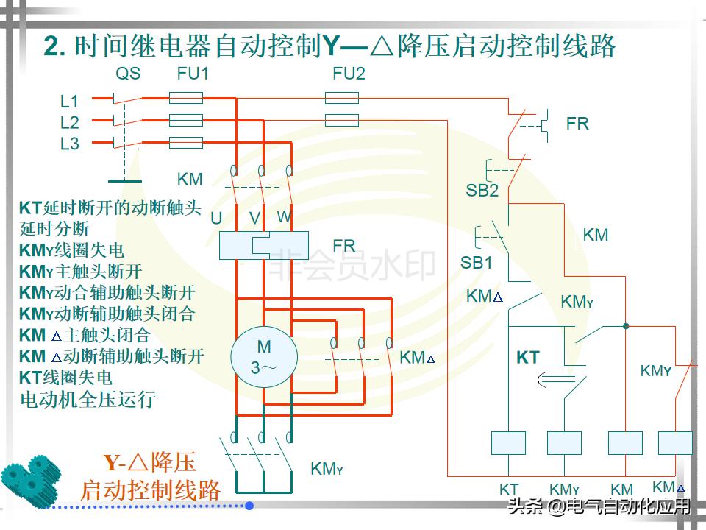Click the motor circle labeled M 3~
point(263,356)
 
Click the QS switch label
point(128,74)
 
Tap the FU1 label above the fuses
point(193,74)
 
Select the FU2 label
point(349,74)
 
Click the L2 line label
point(69,122)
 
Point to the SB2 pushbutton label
point(482,191)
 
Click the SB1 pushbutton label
point(477,263)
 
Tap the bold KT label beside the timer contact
point(528,358)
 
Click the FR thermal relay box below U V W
point(263,245)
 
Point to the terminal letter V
point(255,219)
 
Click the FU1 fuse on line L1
point(186,97)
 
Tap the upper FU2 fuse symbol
point(342,97)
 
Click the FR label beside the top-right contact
point(577,124)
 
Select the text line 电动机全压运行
point(88,400)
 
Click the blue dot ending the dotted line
point(249,506)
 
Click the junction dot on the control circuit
point(625,325)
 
